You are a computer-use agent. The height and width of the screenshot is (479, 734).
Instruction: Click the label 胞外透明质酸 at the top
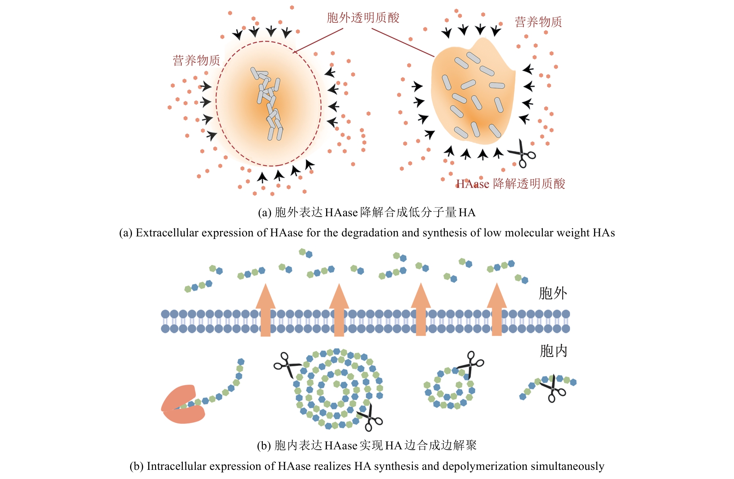363,18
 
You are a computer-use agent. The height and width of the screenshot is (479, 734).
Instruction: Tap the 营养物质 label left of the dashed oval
196,60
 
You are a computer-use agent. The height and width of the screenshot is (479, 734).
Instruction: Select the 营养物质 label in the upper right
538,22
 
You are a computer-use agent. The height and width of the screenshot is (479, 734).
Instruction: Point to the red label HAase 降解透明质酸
510,184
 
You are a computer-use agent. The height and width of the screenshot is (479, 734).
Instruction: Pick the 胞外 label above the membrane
553,293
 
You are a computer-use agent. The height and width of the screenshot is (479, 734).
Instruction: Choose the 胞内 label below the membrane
553,351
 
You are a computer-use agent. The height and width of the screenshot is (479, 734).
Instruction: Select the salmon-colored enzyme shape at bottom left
182,404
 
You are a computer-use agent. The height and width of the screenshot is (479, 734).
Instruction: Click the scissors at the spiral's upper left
287,365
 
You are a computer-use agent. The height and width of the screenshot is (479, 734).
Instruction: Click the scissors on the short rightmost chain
553,388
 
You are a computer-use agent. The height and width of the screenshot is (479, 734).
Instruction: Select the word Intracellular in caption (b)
177,466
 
